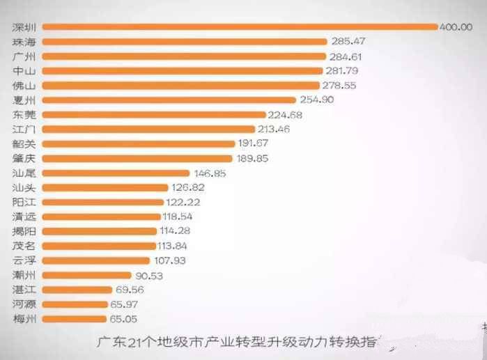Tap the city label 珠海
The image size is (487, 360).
pyautogui.click(x=25, y=41)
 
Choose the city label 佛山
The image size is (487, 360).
pyautogui.click(x=25, y=85)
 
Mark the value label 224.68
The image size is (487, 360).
pyautogui.click(x=286, y=114)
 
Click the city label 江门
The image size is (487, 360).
pyautogui.click(x=25, y=129)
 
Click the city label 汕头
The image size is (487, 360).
pyautogui.click(x=25, y=187)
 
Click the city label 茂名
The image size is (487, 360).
pyautogui.click(x=25, y=245)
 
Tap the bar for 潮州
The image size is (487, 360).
pyautogui.click(x=87, y=275)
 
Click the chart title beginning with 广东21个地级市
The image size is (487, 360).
pyautogui.click(x=237, y=342)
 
